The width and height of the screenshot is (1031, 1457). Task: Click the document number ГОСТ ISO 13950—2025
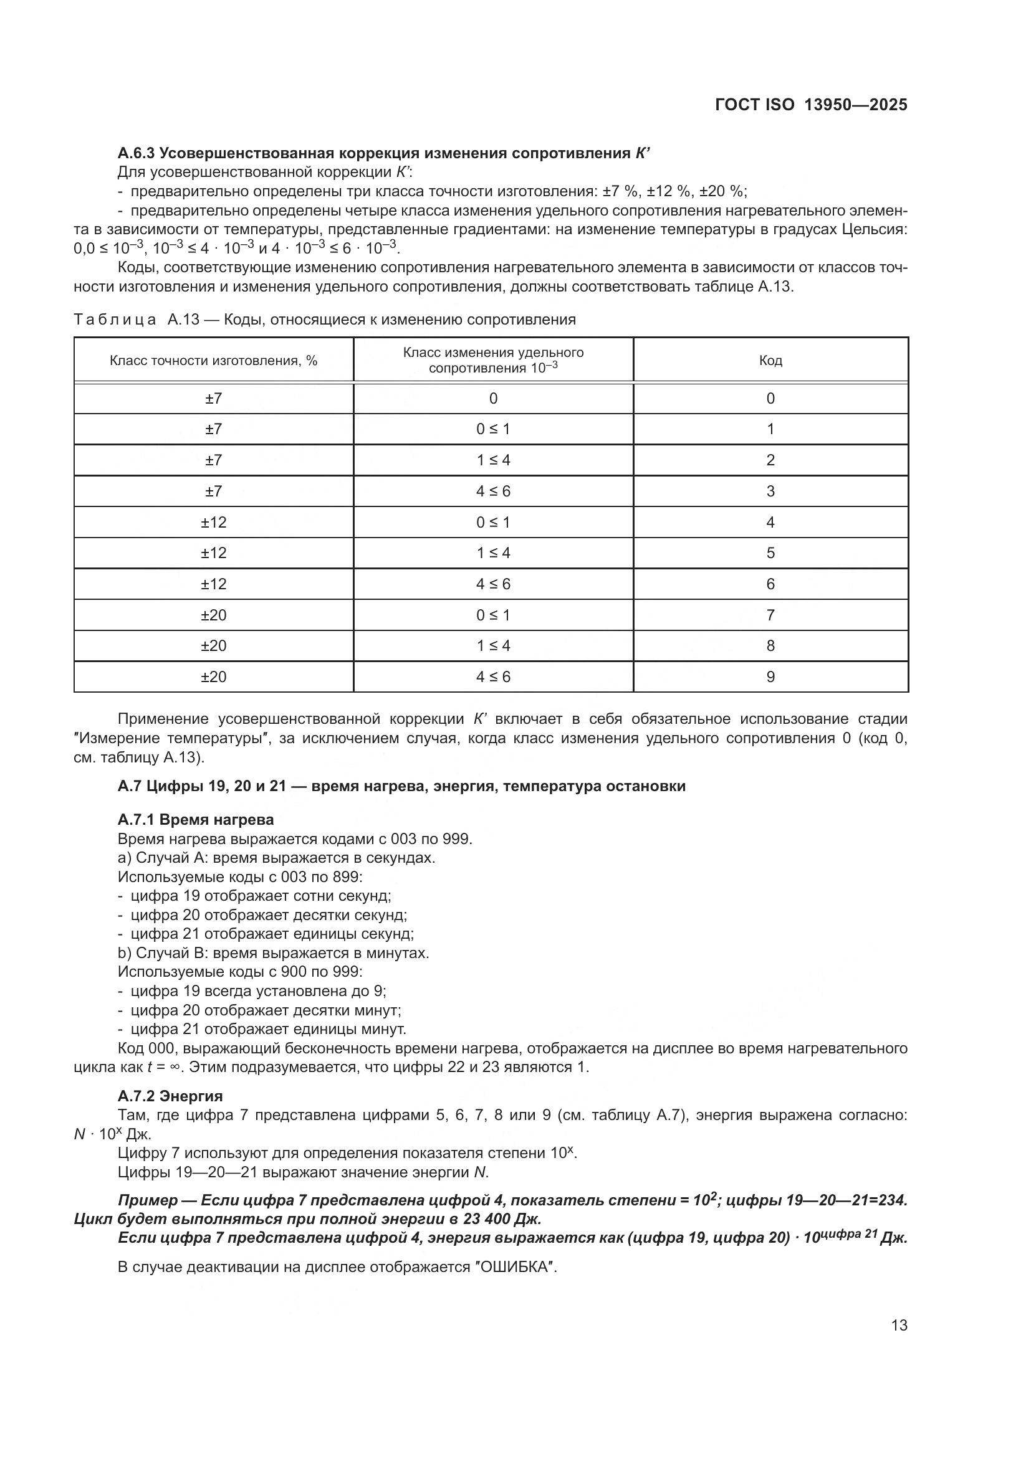(811, 105)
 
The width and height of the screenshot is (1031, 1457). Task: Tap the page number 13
(899, 1325)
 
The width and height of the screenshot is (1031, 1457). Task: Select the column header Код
(770, 361)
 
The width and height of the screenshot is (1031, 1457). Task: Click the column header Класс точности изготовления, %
(213, 361)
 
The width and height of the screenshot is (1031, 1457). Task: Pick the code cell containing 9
(770, 676)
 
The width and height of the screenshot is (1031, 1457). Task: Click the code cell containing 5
(770, 553)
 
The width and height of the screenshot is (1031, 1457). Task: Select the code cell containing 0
(770, 399)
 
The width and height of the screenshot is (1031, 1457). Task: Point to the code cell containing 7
(770, 615)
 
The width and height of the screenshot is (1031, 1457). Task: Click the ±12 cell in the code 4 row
(213, 522)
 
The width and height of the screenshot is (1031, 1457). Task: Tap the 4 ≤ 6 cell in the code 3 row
(493, 491)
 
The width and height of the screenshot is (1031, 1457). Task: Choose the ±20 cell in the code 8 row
(213, 645)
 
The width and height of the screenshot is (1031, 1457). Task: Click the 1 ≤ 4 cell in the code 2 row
(493, 460)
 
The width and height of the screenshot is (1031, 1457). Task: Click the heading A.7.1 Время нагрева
(196, 819)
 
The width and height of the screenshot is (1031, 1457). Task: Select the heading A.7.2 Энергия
(170, 1096)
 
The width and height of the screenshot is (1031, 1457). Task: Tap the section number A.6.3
(136, 154)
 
